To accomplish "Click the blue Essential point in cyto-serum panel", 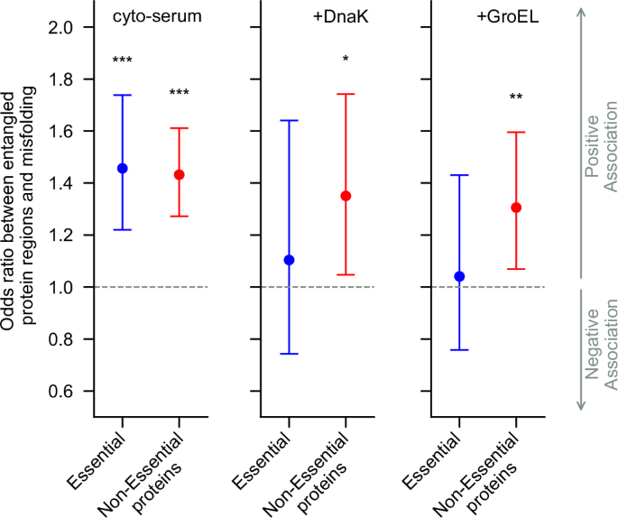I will [123, 168].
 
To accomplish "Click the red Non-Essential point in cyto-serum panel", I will [180, 174].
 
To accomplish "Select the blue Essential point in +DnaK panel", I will [290, 260].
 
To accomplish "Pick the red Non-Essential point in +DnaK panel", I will [346, 196].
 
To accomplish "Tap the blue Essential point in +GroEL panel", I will [460, 276].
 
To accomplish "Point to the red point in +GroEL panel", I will [516, 208].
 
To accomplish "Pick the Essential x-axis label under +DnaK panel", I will [272, 458].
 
